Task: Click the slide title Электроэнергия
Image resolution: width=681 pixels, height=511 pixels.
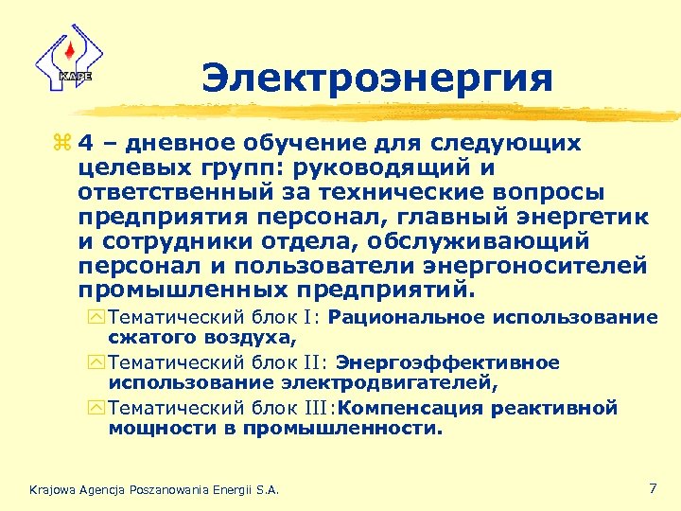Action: [376, 78]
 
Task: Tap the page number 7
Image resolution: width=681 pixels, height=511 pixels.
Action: [653, 488]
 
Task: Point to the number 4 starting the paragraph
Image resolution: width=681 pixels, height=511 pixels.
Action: [85, 145]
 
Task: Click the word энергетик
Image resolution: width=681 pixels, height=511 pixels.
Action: [578, 217]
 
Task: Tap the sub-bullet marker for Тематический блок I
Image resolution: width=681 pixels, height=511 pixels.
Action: [99, 318]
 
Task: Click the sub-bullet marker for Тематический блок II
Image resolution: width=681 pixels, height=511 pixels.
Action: [99, 363]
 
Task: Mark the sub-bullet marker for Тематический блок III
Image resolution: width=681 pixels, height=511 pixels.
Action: [99, 409]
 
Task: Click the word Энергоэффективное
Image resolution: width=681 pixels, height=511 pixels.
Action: [447, 362]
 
